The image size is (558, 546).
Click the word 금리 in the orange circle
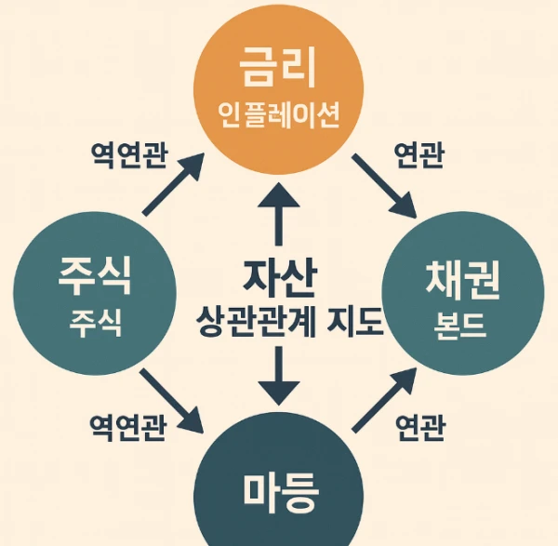coord(278,67)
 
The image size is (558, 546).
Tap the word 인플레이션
coord(278,115)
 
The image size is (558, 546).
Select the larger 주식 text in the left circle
coord(95,275)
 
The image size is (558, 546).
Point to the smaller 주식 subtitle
coord(96,324)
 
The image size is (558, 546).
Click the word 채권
coord(462,281)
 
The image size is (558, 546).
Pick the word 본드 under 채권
coord(459,326)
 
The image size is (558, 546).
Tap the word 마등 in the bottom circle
coord(281,493)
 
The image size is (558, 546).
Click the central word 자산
coord(280,278)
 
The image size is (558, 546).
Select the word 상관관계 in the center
coord(256,322)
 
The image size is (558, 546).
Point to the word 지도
coord(355,321)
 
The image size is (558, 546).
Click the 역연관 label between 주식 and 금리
coord(129,155)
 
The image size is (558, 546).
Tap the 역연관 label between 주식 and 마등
coord(127,428)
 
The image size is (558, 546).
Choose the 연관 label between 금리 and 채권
coord(418,154)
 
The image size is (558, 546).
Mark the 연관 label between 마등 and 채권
coord(420,427)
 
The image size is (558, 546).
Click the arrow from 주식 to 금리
coord(173,184)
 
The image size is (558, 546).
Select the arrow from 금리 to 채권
coord(384,186)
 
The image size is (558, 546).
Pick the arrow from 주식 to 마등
coord(171,401)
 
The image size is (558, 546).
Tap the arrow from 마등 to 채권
coord(384,400)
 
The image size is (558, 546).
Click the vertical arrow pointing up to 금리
coord(279,214)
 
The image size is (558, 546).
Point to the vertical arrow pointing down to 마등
coord(279,376)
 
